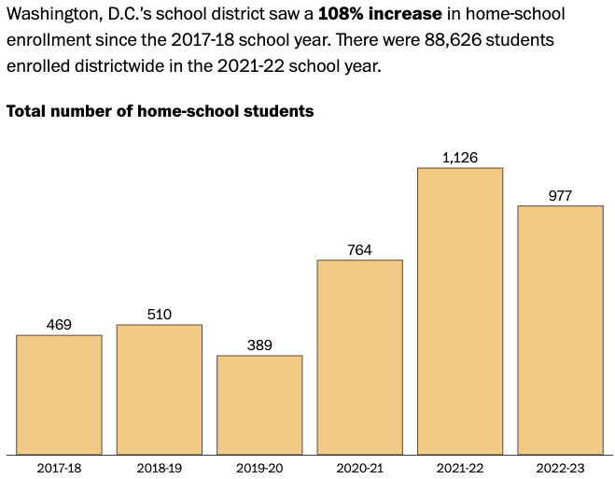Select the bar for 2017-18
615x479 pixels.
tap(59, 394)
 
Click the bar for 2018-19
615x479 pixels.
tap(160, 389)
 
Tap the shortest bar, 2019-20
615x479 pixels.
tap(259, 404)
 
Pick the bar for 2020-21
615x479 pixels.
tap(360, 357)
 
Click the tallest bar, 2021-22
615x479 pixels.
tap(460, 311)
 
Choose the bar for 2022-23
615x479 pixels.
tap(561, 330)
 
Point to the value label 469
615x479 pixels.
tap(59, 325)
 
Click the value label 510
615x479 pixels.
tap(160, 315)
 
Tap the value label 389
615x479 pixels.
tap(259, 345)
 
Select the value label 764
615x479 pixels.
tap(360, 249)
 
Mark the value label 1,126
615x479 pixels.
tap(460, 158)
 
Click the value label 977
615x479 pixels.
tap(561, 196)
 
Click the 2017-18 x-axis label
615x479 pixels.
tap(59, 467)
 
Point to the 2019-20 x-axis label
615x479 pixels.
tap(259, 467)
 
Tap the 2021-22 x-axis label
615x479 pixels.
tap(460, 467)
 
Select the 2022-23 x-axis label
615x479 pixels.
tap(561, 467)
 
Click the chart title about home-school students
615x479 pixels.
tap(160, 111)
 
